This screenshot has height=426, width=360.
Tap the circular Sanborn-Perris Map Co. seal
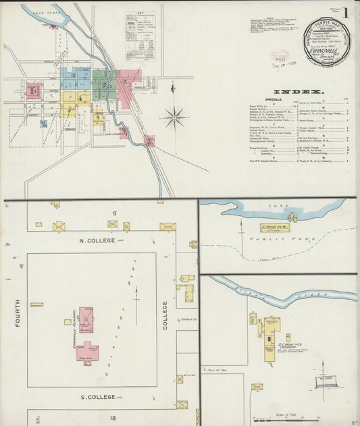(x=327, y=41)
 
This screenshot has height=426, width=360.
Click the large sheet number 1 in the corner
(x=344, y=13)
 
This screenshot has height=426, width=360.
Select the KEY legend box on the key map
(x=140, y=30)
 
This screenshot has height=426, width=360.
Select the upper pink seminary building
(x=86, y=319)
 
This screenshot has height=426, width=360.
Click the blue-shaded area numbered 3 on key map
(x=72, y=76)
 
